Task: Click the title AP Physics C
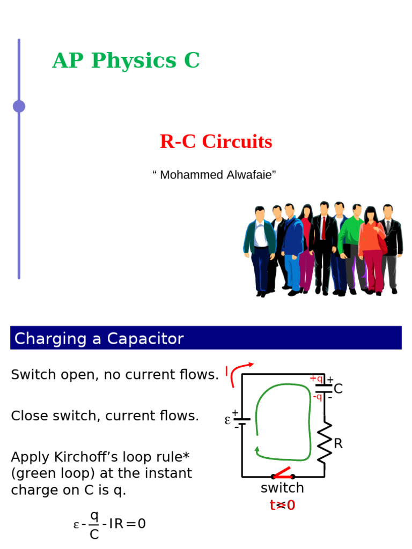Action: pos(126,61)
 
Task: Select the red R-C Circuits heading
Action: pos(216,142)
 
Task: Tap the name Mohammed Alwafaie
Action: pos(214,175)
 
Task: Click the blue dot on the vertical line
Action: pos(19,106)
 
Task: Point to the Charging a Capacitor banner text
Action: pos(99,339)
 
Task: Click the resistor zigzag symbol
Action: pos(325,443)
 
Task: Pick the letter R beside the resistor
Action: pos(338,444)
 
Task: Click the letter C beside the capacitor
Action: pos(338,389)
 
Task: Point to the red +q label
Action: pos(316,379)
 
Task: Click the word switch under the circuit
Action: pos(282,488)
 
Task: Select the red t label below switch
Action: pos(282,505)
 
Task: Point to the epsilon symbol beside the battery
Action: pos(227,420)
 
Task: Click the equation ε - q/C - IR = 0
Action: pos(109,524)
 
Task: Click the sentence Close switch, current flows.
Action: pos(105,416)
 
